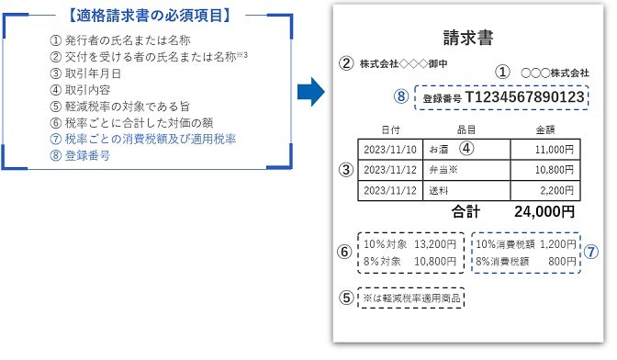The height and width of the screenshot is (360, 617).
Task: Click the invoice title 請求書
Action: click(467, 38)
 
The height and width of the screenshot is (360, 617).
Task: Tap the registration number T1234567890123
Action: click(523, 97)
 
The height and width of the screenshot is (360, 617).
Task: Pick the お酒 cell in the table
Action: click(443, 148)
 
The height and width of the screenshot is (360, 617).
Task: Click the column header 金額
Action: click(551, 130)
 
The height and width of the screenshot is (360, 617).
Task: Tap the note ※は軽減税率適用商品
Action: click(411, 299)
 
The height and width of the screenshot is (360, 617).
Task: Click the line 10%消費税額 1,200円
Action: click(525, 245)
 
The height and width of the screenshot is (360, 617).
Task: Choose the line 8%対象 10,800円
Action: click(409, 262)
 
